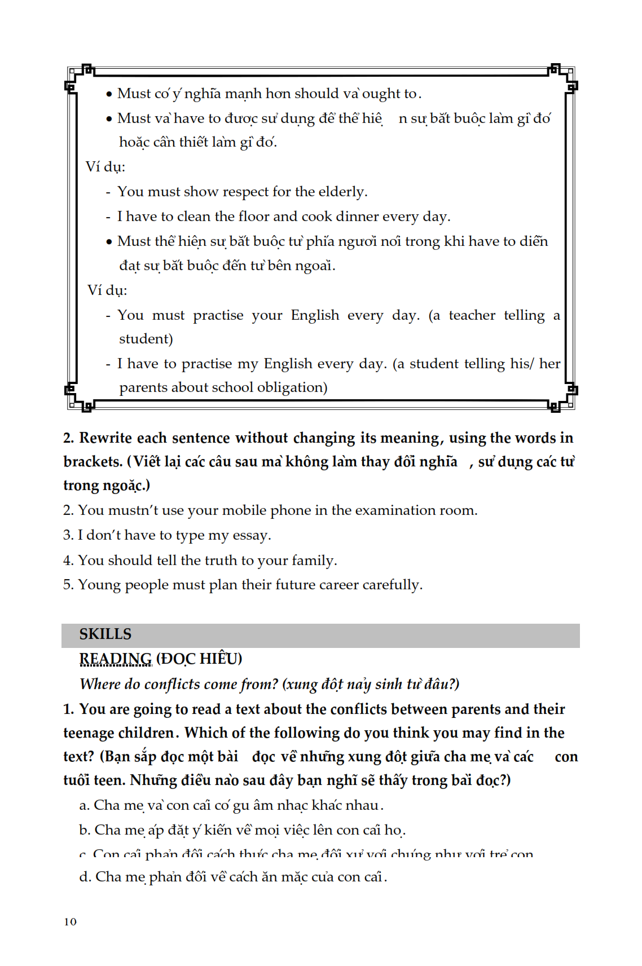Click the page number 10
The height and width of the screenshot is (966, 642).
click(70, 921)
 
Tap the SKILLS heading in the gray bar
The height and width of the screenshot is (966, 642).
click(105, 634)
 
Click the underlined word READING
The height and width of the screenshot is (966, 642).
click(115, 659)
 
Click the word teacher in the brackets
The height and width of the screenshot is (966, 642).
click(472, 315)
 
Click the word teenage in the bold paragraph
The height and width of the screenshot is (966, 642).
click(90, 733)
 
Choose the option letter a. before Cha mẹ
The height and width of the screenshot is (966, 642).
click(84, 805)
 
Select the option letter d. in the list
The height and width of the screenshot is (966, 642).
click(85, 877)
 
